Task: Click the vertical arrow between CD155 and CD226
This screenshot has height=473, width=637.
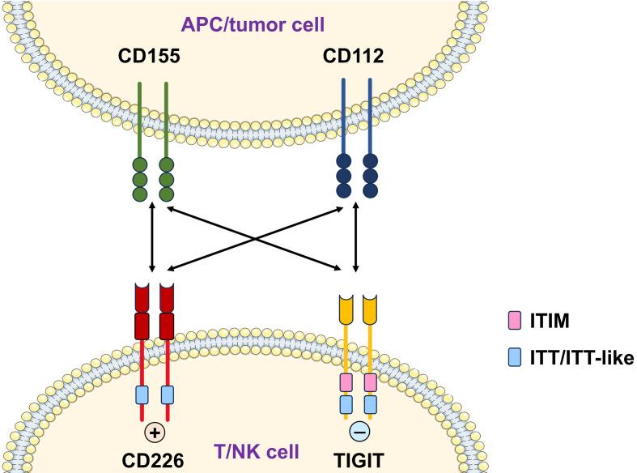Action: (152, 239)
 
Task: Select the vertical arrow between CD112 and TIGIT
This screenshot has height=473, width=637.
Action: (356, 239)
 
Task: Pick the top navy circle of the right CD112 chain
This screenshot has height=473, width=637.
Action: (370, 163)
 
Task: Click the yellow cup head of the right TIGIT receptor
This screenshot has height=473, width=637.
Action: (370, 307)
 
